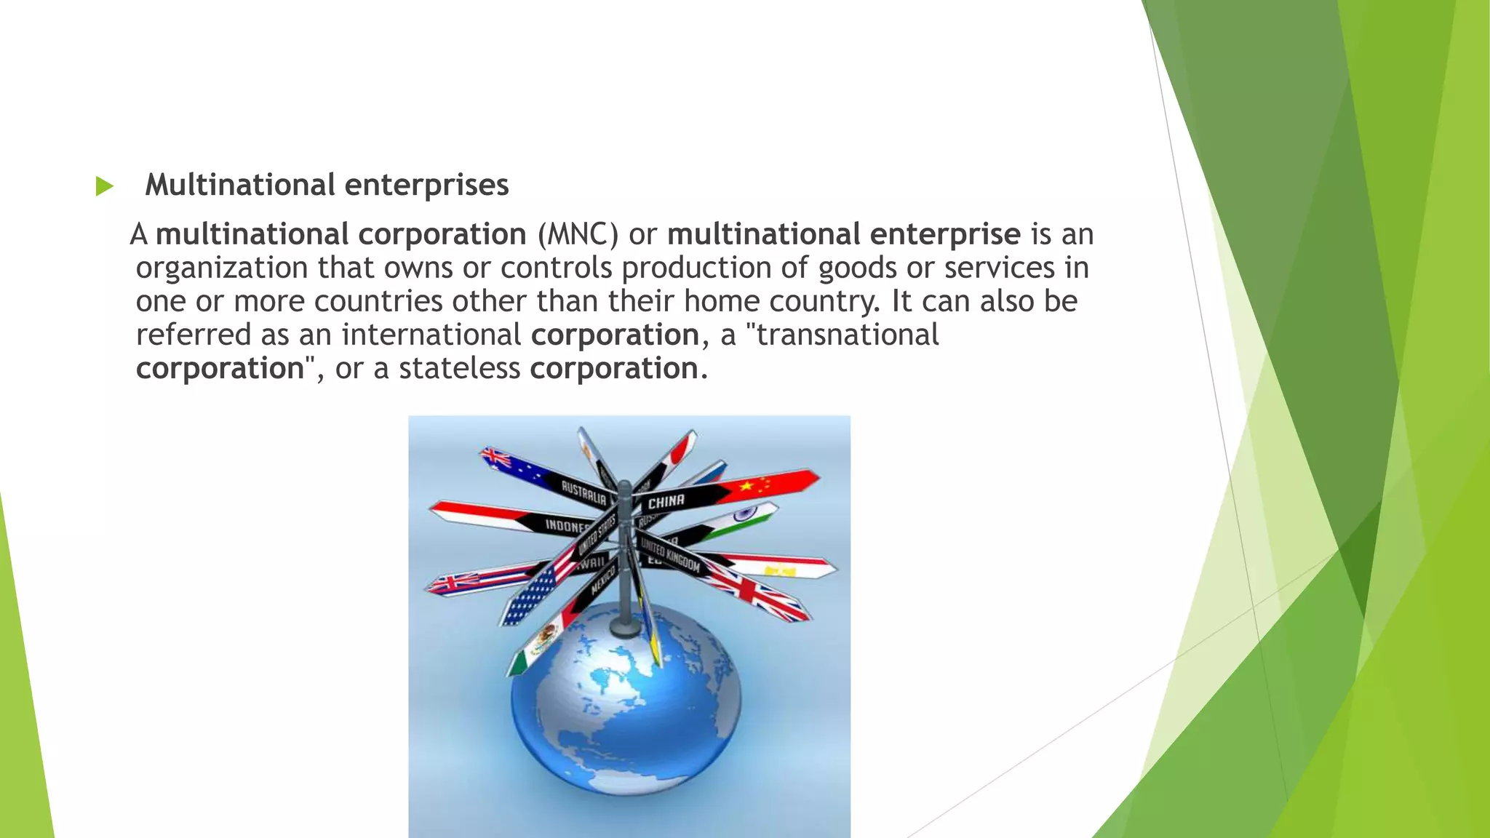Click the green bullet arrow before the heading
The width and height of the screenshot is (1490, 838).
105,186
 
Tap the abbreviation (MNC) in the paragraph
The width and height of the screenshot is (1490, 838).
578,234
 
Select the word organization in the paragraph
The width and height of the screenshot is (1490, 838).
223,268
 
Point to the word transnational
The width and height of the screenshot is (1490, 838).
848,335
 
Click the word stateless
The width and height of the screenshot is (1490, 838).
459,368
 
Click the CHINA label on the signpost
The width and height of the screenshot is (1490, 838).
666,501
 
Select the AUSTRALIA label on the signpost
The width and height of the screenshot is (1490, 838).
583,492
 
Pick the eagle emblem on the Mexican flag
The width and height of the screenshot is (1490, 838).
541,643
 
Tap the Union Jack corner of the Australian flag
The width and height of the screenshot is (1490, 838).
497,458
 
